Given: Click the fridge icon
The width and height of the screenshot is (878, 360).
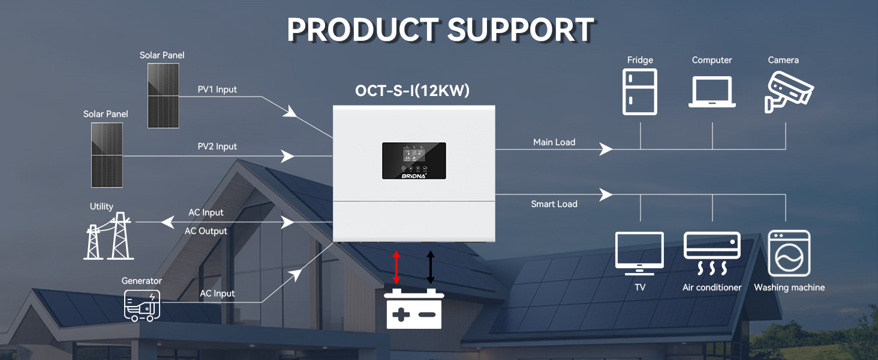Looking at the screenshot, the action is [640, 92].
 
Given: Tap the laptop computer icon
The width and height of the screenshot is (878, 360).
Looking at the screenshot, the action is [712, 92].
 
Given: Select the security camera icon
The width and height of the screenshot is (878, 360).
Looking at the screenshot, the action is [788, 92].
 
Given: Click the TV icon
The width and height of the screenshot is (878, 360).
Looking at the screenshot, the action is [639, 253].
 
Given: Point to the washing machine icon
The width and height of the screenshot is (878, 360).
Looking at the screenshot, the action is [789, 253].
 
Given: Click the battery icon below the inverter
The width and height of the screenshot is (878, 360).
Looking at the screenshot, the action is [414, 308].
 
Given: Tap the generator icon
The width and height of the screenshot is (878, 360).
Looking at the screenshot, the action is [142, 305].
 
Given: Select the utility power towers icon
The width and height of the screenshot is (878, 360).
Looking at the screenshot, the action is [109, 236].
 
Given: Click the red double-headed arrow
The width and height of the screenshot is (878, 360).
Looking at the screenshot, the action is [396, 268].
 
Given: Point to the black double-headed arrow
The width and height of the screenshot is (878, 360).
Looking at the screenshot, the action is [431, 268].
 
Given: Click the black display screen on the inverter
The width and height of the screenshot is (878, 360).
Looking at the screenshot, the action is [414, 161].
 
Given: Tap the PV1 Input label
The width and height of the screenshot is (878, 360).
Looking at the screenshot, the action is [217, 89].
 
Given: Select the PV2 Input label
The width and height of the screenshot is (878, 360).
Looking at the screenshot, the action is [217, 146].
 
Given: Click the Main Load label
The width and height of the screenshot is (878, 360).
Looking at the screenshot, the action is [554, 142].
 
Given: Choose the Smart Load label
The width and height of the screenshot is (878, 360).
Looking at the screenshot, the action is [554, 204].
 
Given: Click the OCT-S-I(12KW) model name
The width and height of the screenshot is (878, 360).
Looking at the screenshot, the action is [413, 91].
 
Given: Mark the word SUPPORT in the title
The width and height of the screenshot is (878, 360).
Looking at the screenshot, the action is [521, 29].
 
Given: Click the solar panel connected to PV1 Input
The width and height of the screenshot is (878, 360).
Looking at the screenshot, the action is [163, 95].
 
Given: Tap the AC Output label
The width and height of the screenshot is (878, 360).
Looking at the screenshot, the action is [206, 231].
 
